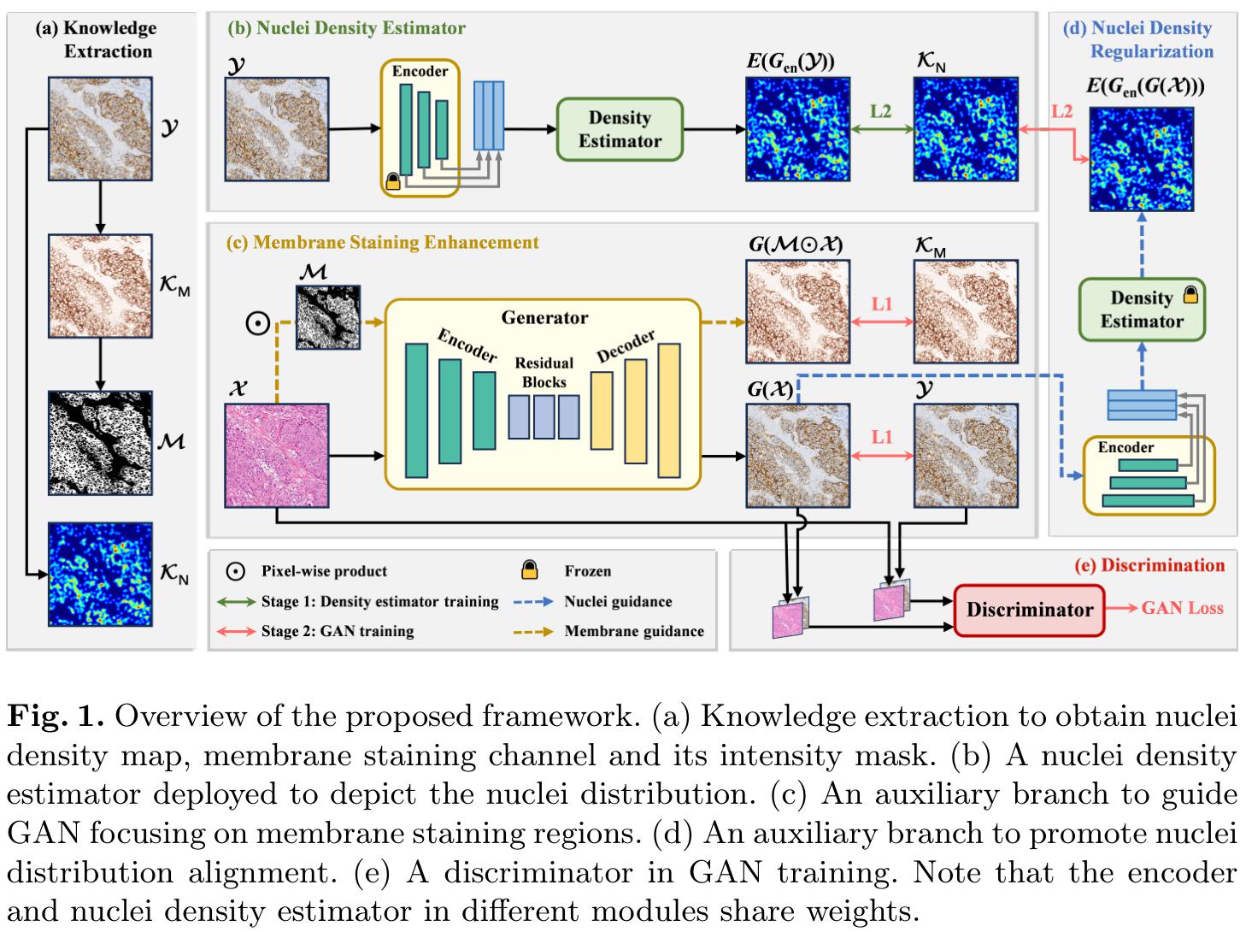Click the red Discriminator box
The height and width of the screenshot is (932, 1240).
pos(1029,610)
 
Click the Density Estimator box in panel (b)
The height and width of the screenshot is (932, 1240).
pos(620,129)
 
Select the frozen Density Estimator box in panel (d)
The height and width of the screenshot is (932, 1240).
pos(1141,310)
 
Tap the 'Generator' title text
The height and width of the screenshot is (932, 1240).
pos(544,318)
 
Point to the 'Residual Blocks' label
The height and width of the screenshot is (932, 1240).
pos(544,372)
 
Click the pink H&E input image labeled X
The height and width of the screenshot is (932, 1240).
pos(276,455)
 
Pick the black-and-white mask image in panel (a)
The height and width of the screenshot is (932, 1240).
pos(100,443)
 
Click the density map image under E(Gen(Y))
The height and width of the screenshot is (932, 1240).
pos(797,128)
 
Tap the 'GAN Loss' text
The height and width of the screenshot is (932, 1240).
pos(1182,608)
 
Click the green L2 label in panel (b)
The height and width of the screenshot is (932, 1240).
pos(881,111)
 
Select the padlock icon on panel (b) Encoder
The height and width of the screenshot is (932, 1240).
pos(393,181)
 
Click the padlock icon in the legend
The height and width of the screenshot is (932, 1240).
pos(530,570)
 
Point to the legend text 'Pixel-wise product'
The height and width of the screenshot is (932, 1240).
pos(324,571)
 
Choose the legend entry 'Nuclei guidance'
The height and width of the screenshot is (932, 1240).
pos(618,601)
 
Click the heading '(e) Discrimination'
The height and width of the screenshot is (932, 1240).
pos(1162,565)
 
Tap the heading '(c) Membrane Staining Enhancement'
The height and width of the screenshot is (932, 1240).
pos(383,242)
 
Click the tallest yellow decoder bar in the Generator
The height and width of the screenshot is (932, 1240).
pos(668,410)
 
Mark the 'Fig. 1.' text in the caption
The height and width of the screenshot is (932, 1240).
pos(56,717)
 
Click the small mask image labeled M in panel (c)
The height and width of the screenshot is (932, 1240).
pos(327,317)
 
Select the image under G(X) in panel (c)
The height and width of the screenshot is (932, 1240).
pos(797,455)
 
